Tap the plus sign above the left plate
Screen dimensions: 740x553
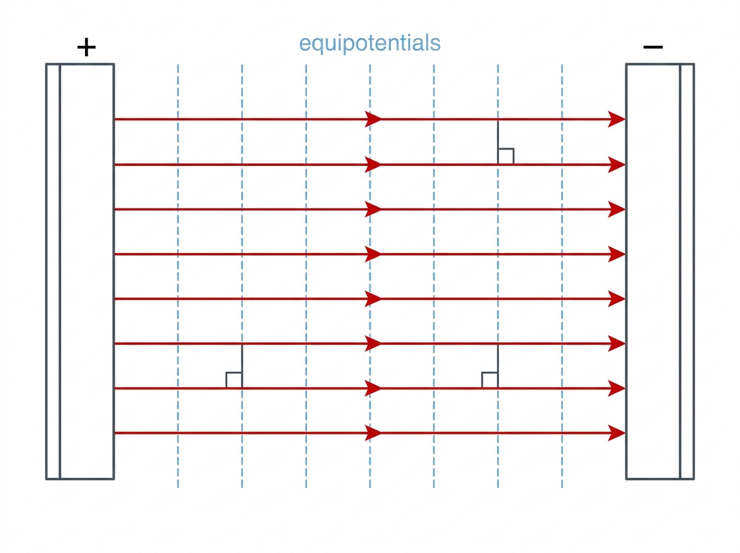86,47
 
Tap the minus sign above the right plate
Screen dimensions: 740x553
652,47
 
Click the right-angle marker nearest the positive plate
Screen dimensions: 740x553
234,380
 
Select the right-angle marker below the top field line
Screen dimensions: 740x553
506,156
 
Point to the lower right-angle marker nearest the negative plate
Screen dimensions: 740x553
490,380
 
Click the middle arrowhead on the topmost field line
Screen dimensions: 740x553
373,119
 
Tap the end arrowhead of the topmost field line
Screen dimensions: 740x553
617,119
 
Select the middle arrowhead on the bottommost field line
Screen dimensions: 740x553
373,433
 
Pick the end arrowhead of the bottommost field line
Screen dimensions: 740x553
617,433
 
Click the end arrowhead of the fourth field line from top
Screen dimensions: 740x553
617,254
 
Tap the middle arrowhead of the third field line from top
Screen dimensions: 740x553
373,209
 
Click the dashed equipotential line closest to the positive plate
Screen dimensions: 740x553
178,276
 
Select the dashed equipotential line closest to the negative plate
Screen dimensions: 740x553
562,276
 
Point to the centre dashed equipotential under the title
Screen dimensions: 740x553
370,276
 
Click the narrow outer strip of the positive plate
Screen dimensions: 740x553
53,272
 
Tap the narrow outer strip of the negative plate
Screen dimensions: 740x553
687,272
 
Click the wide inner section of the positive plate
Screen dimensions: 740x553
87,272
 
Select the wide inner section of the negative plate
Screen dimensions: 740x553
653,272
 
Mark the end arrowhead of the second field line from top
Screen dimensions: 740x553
617,165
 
